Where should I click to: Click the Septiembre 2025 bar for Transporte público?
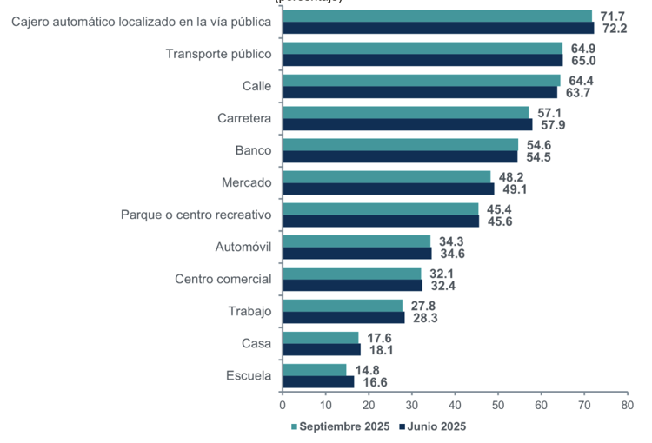(422, 48)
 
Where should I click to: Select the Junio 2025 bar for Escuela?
(318, 381)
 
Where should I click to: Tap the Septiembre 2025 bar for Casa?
(321, 337)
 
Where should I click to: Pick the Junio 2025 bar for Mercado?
(389, 188)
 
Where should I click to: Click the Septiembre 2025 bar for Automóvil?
(356, 241)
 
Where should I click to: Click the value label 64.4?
(580, 80)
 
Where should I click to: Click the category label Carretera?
(244, 118)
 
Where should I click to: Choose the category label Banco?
(253, 150)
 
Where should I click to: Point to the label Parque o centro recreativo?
(196, 215)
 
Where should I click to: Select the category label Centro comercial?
(223, 279)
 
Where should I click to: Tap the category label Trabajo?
(249, 311)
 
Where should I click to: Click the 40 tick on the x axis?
(455, 405)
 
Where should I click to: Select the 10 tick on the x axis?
(325, 405)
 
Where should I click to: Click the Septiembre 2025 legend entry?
(340, 426)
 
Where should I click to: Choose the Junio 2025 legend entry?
(432, 426)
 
